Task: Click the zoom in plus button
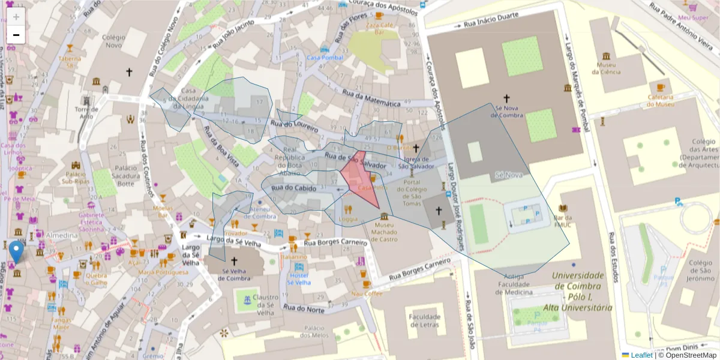pos(16,17)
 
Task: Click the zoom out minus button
pos(16,35)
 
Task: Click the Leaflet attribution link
pos(641,355)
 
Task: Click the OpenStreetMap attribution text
pos(687,355)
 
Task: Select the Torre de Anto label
pos(86,112)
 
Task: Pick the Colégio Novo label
pos(113,41)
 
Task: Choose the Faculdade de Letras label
pos(424,320)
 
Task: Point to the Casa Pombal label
pos(325,58)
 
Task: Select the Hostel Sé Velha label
pos(298,278)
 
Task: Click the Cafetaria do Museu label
pos(660,100)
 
